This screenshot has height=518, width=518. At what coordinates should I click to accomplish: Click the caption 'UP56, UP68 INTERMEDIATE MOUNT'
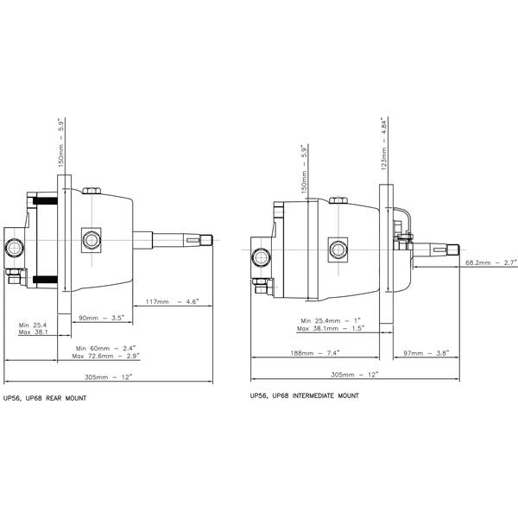coord(303,395)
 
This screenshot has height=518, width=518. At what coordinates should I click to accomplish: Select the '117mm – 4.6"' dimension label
coord(171,301)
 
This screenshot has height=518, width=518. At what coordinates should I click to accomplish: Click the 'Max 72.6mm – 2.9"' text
coord(105,355)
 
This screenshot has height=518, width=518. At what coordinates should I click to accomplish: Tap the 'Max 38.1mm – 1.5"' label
coord(331,328)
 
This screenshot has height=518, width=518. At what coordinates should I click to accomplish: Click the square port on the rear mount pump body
coord(89,237)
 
